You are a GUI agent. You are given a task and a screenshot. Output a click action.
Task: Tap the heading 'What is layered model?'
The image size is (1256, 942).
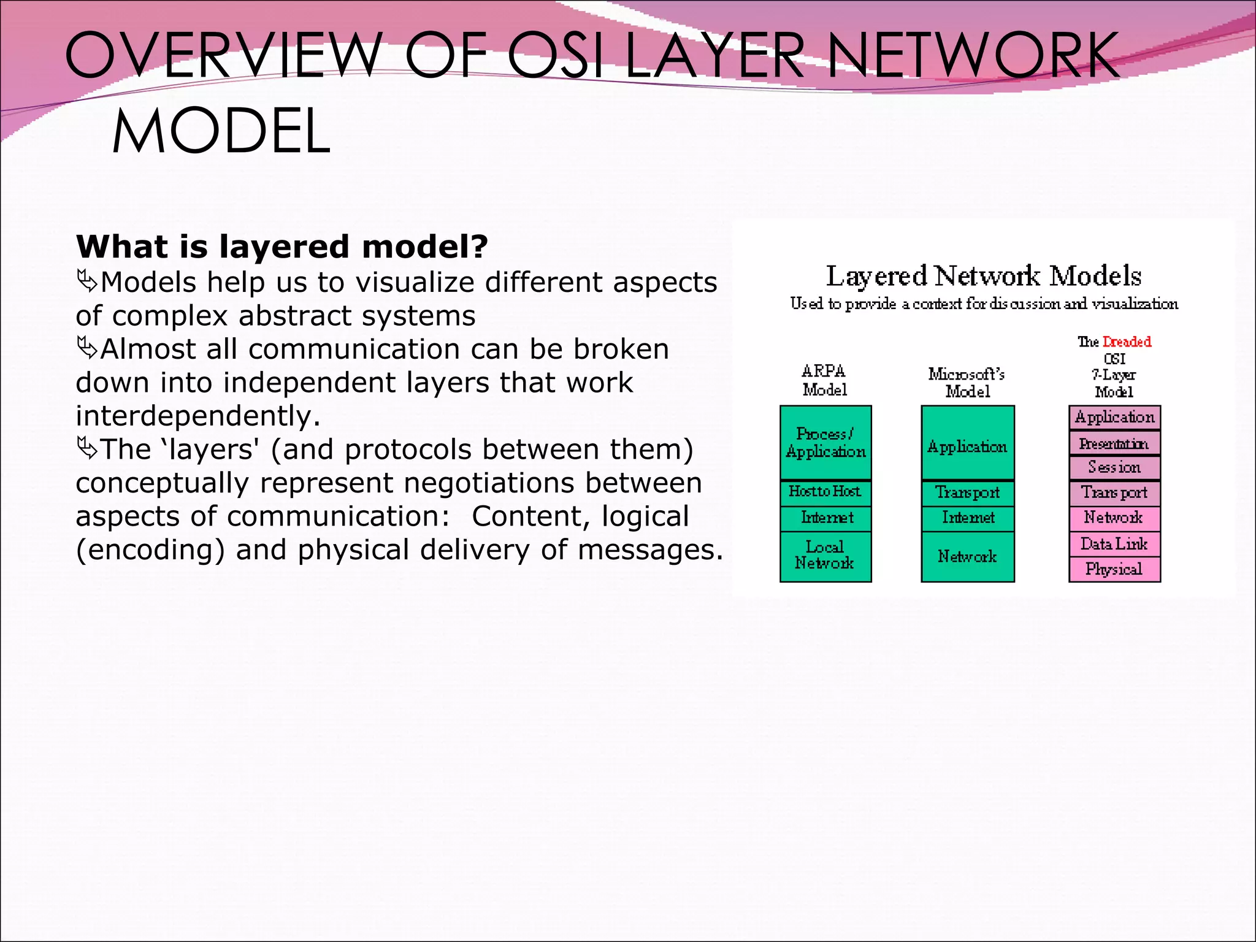point(281,247)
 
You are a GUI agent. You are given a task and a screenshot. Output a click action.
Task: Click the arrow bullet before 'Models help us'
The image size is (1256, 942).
point(87,282)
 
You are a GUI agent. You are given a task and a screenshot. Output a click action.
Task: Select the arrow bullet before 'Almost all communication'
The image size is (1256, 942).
point(87,349)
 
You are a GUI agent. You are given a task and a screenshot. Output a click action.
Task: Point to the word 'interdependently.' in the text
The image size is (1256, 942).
point(198,416)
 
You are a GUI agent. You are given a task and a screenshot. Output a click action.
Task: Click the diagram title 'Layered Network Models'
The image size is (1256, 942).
point(983,276)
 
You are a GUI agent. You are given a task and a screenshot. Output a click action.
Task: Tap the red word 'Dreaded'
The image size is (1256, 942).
point(1127,342)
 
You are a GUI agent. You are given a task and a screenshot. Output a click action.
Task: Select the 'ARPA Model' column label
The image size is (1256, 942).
point(824,380)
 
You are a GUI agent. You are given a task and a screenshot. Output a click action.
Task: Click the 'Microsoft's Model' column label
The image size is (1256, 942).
point(967,382)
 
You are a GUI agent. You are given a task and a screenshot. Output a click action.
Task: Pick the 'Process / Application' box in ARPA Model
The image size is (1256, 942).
point(825,443)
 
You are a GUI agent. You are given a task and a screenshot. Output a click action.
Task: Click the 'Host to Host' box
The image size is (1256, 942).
point(825,492)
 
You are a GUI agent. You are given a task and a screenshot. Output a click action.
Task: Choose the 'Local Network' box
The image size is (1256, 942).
point(825,556)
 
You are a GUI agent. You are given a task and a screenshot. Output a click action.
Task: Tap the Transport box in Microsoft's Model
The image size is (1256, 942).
point(967,493)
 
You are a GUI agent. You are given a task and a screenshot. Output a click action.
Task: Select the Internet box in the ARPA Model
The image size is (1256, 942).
point(825,518)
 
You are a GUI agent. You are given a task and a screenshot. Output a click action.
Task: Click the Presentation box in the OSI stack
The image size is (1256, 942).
point(1114,443)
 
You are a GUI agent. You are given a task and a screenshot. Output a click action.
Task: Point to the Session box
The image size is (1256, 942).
point(1114,468)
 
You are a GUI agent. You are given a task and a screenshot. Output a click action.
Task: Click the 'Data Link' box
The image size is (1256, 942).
point(1114,544)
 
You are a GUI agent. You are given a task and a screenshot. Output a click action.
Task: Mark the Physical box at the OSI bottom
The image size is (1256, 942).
point(1114,569)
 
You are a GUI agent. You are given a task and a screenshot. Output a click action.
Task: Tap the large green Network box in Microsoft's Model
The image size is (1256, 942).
point(967,556)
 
